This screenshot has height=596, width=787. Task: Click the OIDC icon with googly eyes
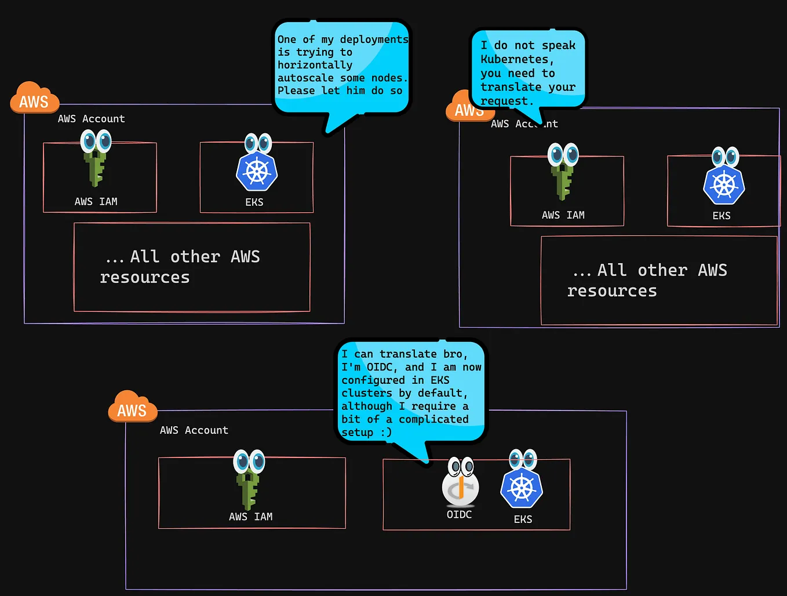click(461, 484)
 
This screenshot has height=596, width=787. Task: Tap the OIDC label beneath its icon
click(459, 514)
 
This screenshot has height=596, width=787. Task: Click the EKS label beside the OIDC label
click(523, 519)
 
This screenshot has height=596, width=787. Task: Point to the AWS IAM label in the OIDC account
click(250, 517)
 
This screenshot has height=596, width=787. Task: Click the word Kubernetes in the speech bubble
click(514, 59)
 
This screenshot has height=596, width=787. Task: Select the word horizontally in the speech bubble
click(315, 65)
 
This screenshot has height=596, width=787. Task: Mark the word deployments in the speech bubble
click(374, 39)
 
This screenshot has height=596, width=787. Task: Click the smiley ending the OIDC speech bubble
click(386, 433)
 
